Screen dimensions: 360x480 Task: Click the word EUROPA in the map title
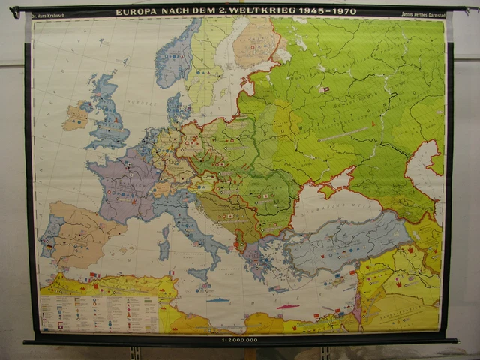coord(136,12)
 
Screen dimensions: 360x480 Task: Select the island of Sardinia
coord(163,248)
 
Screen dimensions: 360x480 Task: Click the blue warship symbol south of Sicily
coord(217,299)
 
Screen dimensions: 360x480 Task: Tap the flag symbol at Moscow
coord(324,89)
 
